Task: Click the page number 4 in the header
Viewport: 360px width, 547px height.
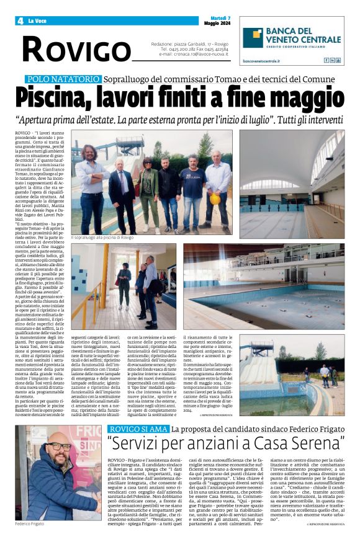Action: (x=20, y=21)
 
